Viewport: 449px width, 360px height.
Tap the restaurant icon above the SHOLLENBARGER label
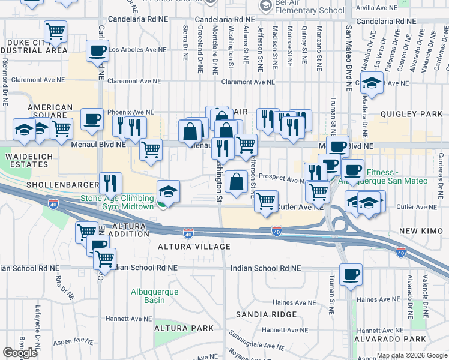pos(110,182)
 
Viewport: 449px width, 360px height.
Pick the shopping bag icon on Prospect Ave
pos(237,181)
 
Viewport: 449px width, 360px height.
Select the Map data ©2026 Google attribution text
pos(411,355)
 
